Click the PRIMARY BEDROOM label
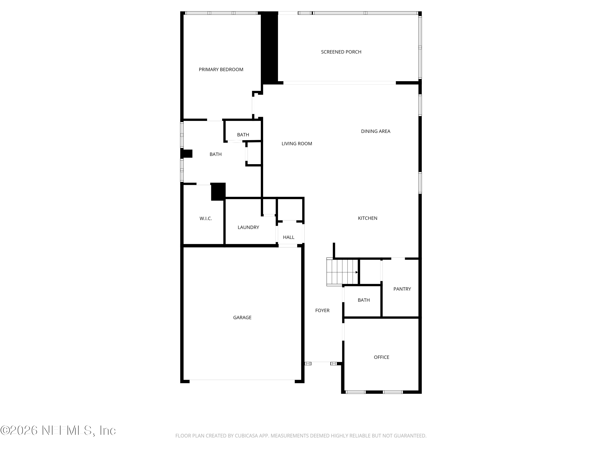(x=221, y=70)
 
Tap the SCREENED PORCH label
(x=341, y=52)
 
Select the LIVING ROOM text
(x=297, y=144)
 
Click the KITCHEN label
(x=367, y=218)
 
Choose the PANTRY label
(x=402, y=289)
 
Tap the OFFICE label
(x=381, y=357)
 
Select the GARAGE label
(x=242, y=318)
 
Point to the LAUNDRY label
(x=248, y=227)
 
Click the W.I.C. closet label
(x=205, y=218)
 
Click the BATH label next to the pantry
(x=363, y=300)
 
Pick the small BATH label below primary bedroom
(x=243, y=135)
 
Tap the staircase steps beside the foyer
(x=342, y=272)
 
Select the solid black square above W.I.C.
(x=218, y=192)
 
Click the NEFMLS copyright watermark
(x=58, y=430)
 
